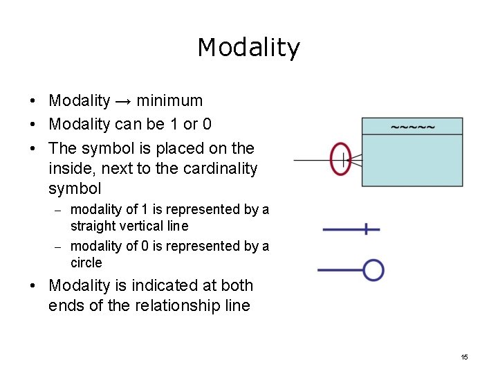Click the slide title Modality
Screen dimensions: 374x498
(248, 48)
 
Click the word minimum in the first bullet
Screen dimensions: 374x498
(169, 101)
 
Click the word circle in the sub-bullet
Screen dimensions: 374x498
(86, 263)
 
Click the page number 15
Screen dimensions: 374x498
(464, 357)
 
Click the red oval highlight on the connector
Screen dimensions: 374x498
(340, 160)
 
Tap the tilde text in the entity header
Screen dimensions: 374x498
(413, 127)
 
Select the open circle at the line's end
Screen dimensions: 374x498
(373, 270)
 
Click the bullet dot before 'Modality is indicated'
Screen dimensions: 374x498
(33, 286)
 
